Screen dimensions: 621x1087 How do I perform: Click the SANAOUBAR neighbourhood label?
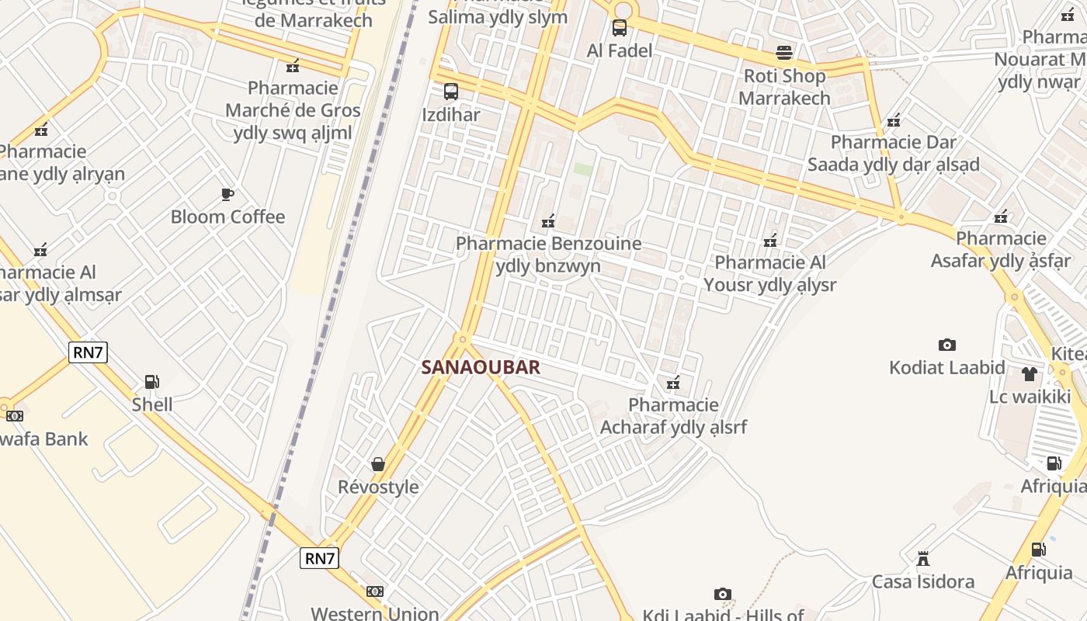click(481, 367)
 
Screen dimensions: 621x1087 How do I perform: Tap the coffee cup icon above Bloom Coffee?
click(227, 194)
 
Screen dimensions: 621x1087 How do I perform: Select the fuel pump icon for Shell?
click(152, 382)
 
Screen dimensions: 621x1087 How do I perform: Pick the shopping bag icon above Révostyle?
click(378, 464)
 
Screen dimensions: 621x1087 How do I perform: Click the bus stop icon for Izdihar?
click(451, 92)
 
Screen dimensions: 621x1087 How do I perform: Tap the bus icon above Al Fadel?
click(619, 28)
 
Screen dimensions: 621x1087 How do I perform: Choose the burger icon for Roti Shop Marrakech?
click(784, 53)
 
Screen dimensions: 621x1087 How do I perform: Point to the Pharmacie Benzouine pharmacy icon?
click(548, 222)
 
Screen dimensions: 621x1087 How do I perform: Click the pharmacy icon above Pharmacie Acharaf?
click(673, 383)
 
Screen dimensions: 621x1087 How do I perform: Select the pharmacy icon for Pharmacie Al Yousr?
click(770, 241)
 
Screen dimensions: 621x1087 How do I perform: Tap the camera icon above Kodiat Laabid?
click(946, 345)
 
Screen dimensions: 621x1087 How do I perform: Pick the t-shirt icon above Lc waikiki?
click(1030, 374)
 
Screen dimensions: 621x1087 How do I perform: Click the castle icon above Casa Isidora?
click(923, 559)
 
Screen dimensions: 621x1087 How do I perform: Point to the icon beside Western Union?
click(375, 592)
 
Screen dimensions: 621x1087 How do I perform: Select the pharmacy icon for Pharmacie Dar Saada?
click(894, 120)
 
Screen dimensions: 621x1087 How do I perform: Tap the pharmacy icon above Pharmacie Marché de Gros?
click(293, 66)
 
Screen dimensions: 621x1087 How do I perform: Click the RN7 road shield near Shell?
click(88, 352)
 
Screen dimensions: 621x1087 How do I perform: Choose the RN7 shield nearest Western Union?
click(320, 557)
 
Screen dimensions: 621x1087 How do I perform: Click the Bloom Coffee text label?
click(228, 217)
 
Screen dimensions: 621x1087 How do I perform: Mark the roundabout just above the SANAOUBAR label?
click(464, 338)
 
